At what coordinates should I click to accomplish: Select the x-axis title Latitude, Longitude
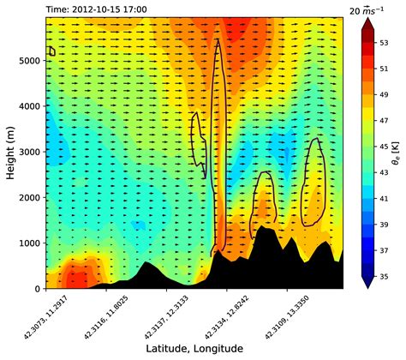195,347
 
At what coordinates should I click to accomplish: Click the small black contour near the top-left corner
51,51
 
